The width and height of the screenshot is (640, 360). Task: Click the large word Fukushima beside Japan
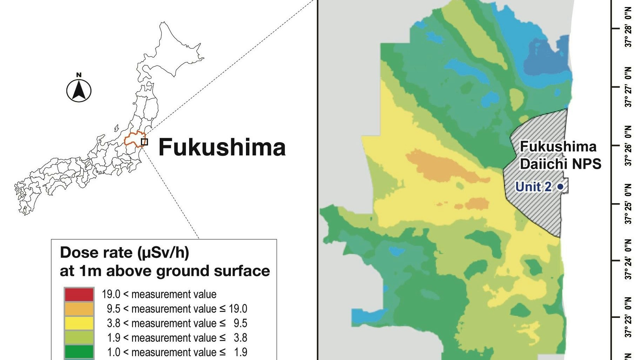pos(222,147)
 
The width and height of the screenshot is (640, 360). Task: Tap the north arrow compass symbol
pos(79,91)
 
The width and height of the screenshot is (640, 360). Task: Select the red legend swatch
pos(79,294)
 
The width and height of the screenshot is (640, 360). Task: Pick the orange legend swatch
pos(79,309)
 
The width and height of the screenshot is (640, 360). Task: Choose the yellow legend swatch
pos(79,323)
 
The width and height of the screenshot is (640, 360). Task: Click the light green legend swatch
pos(79,338)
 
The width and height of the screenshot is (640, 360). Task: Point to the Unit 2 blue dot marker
pos(560,187)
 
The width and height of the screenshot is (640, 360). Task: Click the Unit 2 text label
pos(533,187)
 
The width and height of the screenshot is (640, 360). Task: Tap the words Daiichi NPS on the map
pos(560,164)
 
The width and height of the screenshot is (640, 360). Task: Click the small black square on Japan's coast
pos(145,142)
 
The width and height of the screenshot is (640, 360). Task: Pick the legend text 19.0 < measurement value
pos(159,294)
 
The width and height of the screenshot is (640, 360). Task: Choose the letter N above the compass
pos(79,75)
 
